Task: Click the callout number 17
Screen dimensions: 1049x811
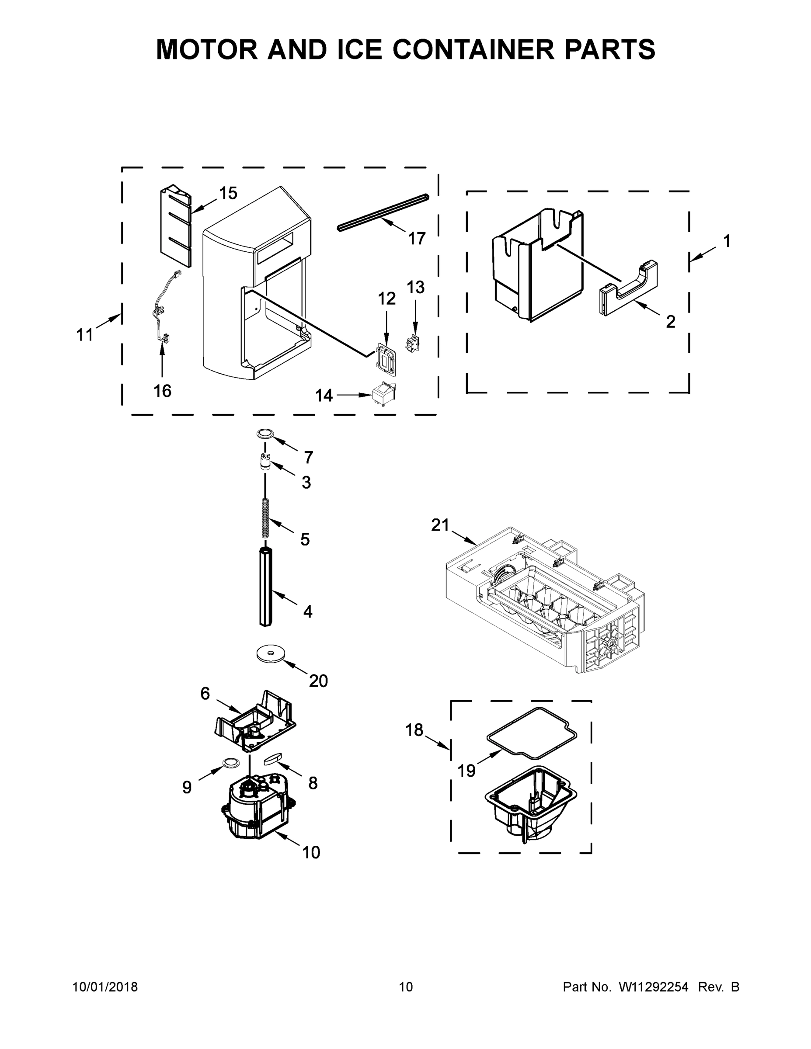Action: coord(417,238)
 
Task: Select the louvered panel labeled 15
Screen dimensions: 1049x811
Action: coord(175,228)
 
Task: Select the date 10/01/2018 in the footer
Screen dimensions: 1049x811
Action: coord(105,987)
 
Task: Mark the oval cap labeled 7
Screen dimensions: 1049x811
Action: coord(264,433)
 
